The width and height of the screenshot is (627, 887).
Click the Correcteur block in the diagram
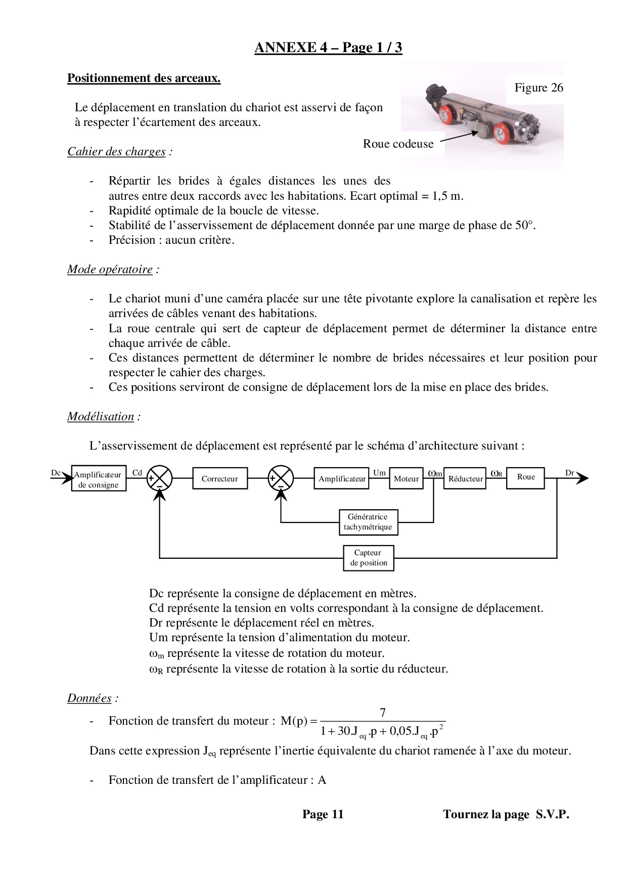[x=220, y=478]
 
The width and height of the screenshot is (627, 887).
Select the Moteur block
[x=406, y=478]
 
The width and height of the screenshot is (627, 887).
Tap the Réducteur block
[x=465, y=478]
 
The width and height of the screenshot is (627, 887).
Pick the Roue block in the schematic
[x=526, y=477]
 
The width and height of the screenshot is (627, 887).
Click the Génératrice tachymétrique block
[x=368, y=522]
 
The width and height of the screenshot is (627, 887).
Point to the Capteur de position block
[x=368, y=558]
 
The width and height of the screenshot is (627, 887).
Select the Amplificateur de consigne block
[x=98, y=479]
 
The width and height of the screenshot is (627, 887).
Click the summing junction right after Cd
[x=159, y=478]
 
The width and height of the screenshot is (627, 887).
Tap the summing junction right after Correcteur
[x=281, y=478]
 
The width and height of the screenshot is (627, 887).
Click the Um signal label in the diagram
[x=379, y=473]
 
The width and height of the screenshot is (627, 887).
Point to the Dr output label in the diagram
[x=570, y=473]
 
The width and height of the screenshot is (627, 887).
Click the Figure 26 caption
[x=539, y=87]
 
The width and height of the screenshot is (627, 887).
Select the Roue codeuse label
[x=398, y=144]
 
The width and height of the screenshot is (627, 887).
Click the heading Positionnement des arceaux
[x=144, y=78]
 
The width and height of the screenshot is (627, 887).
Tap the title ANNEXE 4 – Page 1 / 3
[x=328, y=48]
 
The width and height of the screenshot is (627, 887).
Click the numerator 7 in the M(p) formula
[x=383, y=713]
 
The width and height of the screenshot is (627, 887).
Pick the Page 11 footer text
[x=323, y=814]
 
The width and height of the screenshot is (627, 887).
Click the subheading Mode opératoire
[x=110, y=270]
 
